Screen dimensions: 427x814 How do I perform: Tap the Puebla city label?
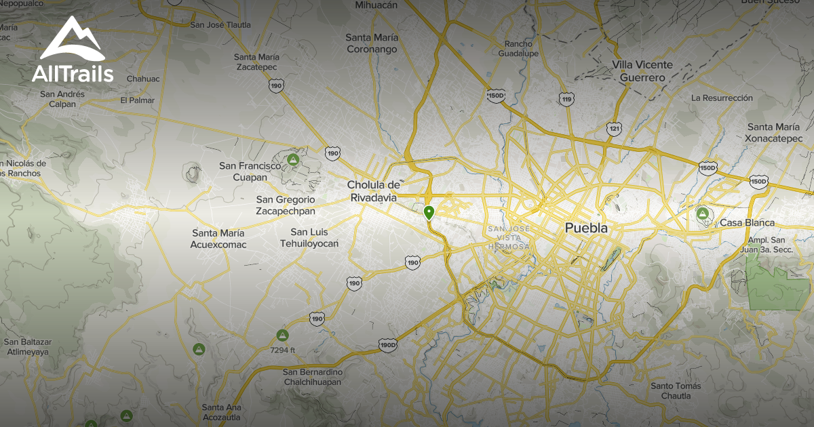(586, 228)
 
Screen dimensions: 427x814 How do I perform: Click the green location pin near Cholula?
(429, 213)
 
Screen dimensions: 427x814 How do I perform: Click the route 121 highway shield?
(614, 128)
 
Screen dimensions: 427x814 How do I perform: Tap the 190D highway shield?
(388, 345)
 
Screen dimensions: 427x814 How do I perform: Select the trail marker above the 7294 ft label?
(283, 335)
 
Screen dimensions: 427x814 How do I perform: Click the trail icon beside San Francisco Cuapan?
(293, 160)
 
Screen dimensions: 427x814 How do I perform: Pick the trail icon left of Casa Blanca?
(703, 215)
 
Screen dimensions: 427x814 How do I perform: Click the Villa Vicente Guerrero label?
(642, 71)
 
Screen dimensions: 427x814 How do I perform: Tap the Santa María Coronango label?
(372, 43)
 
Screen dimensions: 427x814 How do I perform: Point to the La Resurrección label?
(722, 98)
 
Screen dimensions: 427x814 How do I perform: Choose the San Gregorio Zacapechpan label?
(286, 205)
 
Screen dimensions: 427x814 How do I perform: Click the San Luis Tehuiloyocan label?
(309, 238)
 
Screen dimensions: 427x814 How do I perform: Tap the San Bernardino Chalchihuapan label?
(313, 378)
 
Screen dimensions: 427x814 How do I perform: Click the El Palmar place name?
(138, 100)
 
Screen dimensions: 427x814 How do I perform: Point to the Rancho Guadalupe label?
(518, 47)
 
